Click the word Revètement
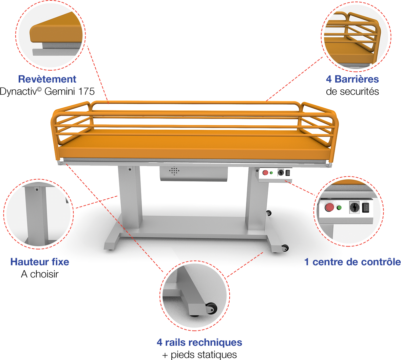(x=47, y=79)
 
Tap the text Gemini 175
(x=70, y=91)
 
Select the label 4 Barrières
(x=352, y=79)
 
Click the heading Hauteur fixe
(x=40, y=262)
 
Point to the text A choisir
(x=41, y=274)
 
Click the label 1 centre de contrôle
(x=352, y=262)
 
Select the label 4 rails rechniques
(x=199, y=342)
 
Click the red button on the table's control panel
(x=265, y=173)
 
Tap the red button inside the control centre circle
(x=329, y=208)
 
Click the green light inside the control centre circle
(x=339, y=208)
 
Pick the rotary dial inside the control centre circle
(x=354, y=208)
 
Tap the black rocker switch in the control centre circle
(x=365, y=208)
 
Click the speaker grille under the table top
(x=174, y=171)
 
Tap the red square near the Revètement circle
(x=98, y=58)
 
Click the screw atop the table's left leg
(x=130, y=169)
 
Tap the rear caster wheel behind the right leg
(x=269, y=214)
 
